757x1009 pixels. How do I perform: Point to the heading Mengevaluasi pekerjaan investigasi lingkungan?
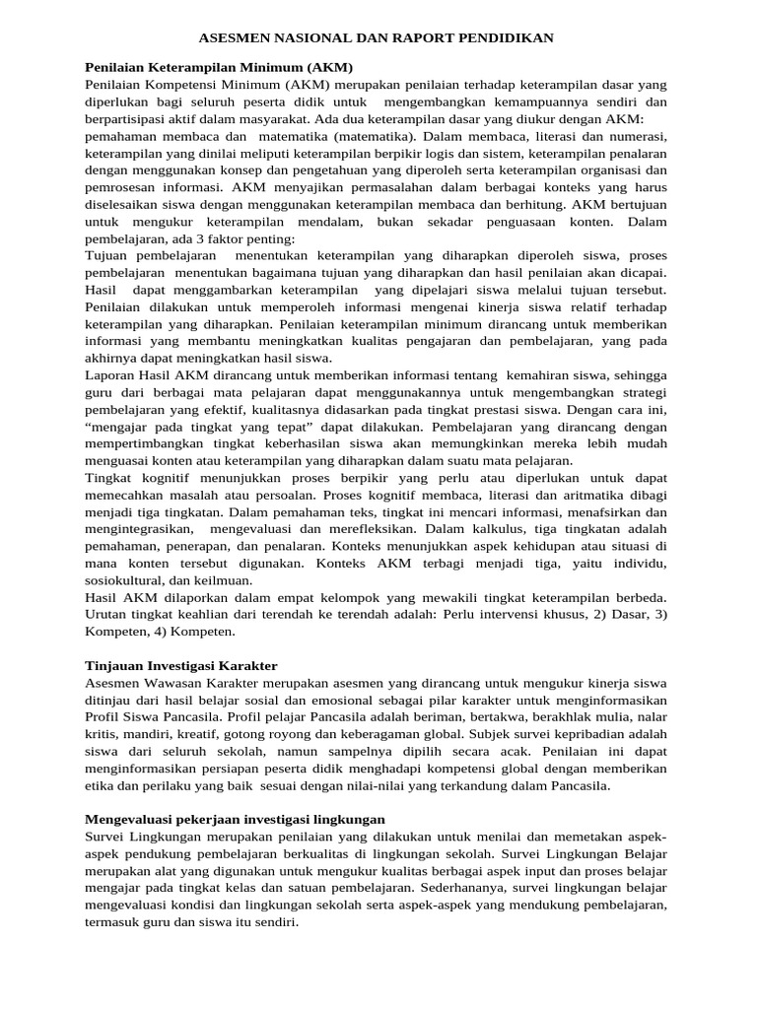(235, 819)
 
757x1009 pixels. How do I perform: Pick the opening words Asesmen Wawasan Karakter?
(164, 682)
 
